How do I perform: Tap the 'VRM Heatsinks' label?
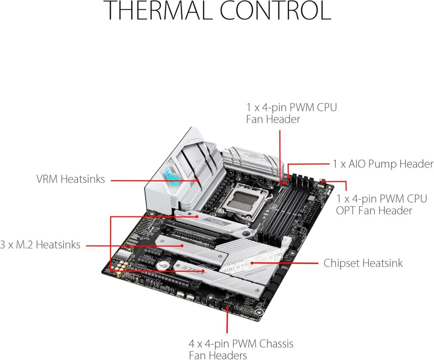pyautogui.click(x=70, y=179)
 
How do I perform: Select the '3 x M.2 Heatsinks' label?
pyautogui.click(x=40, y=245)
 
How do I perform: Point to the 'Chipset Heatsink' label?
pyautogui.click(x=363, y=263)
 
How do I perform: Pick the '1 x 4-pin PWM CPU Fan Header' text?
pyautogui.click(x=291, y=113)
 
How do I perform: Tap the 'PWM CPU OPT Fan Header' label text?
pyautogui.click(x=374, y=204)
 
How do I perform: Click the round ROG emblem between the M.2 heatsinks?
pyautogui.click(x=161, y=264)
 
